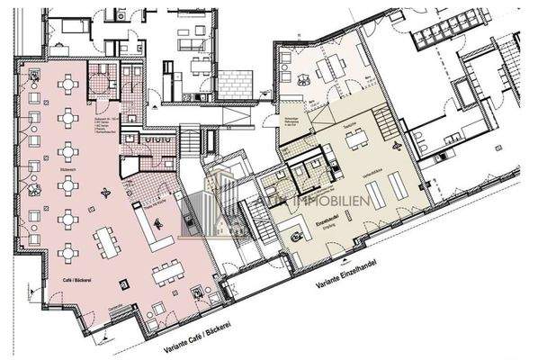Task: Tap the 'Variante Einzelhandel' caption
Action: tap(355, 274)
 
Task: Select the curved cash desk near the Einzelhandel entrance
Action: tap(295, 233)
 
